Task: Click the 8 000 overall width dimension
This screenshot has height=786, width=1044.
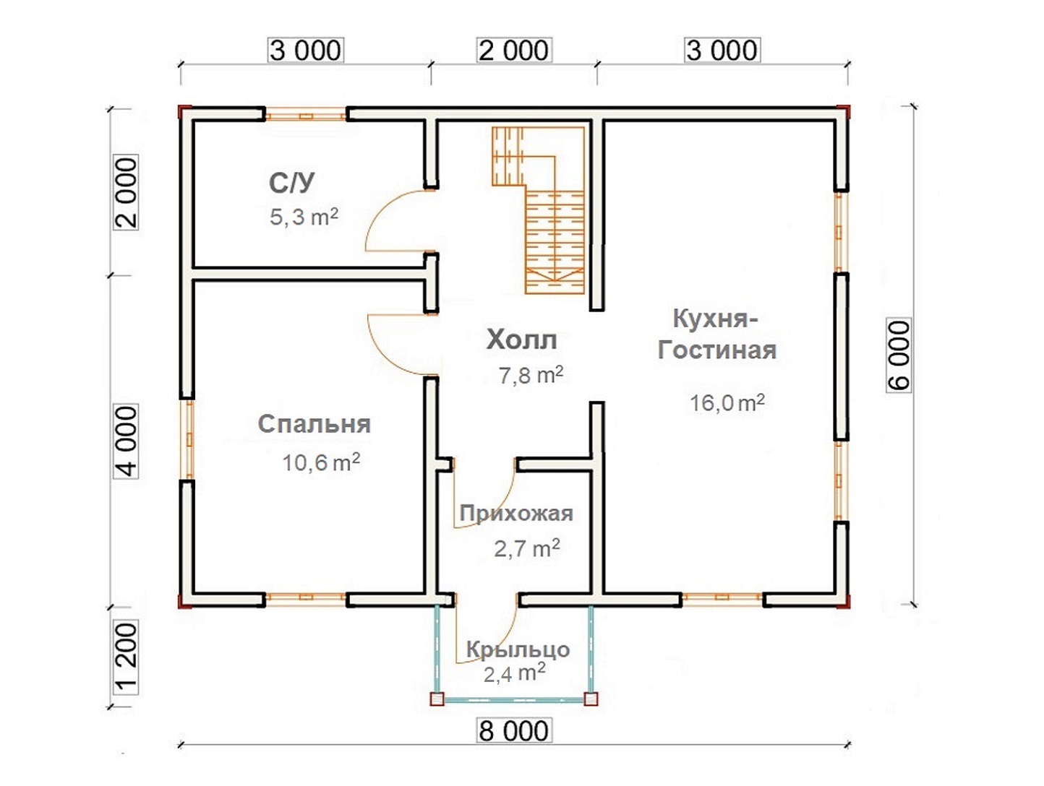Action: pos(513,731)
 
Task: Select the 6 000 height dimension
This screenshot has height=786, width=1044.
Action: pos(899,355)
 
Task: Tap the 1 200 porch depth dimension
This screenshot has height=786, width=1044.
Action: pos(126,657)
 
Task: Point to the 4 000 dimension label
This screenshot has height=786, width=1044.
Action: pos(126,441)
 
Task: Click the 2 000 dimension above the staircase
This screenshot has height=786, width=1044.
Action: pos(513,51)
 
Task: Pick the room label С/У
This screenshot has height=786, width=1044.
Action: pos(292,183)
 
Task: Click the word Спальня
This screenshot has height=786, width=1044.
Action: pos(315,424)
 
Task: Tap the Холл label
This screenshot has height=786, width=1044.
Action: pos(522,340)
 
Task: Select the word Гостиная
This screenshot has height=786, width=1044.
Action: pos(717,350)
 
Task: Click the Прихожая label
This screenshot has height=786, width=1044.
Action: pos(516,514)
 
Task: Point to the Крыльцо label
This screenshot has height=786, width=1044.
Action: pos(518,649)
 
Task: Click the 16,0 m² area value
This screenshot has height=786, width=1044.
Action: pos(727,402)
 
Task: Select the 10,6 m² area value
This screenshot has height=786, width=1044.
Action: pos(321,462)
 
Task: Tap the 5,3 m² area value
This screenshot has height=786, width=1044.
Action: pos(304,217)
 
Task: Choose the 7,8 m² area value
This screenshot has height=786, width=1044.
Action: pos(531,375)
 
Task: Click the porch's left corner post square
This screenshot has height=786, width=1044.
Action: pos(437,699)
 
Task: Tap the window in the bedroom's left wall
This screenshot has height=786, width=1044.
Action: pos(189,439)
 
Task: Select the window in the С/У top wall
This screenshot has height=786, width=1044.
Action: pos(306,115)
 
